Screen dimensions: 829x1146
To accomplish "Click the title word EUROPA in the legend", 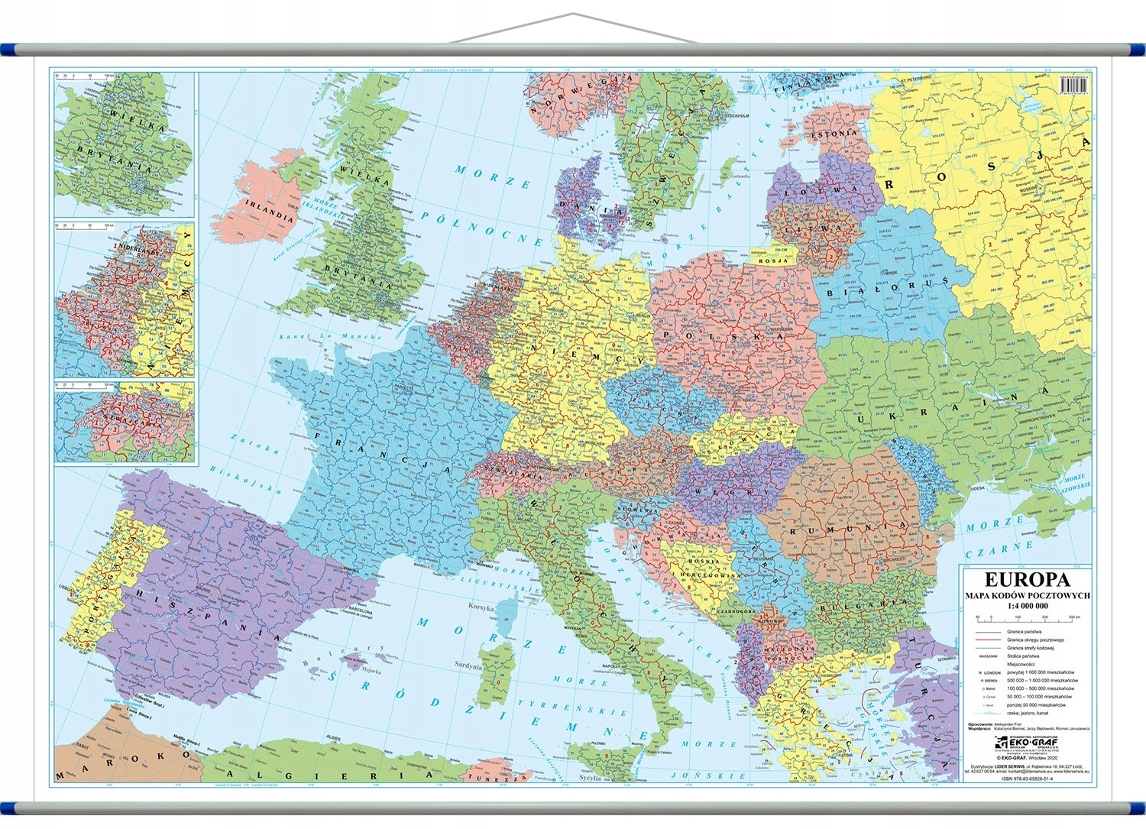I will click(x=1025, y=579).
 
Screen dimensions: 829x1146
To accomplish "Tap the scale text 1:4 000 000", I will click(x=1025, y=605).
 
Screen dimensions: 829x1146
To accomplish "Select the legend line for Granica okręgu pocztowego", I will click(x=989, y=640).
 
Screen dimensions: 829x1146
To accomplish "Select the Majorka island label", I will click(x=371, y=672).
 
